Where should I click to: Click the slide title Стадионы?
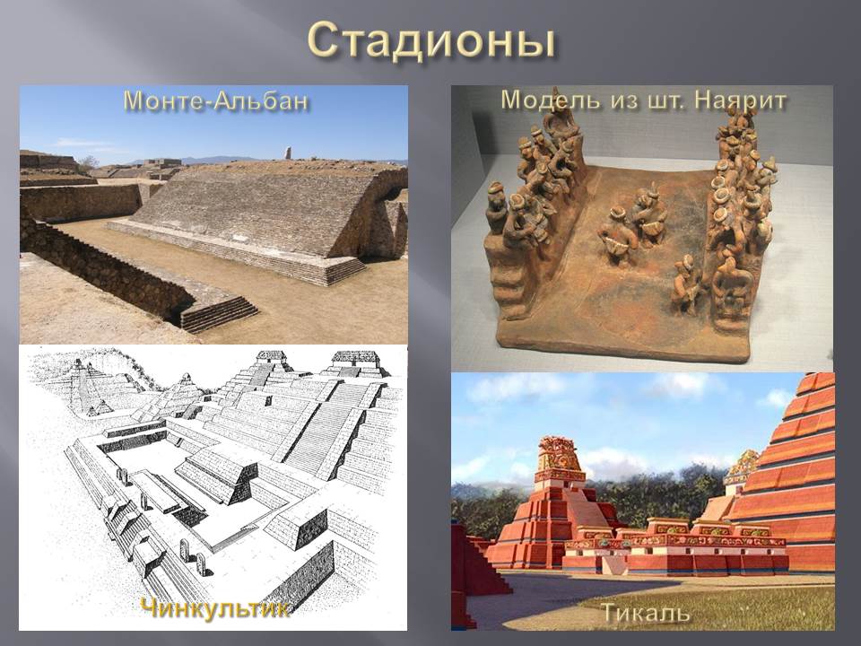click(431, 41)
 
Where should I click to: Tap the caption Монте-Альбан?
click(215, 101)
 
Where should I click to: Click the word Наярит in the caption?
click(740, 100)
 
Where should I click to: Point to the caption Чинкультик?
click(214, 608)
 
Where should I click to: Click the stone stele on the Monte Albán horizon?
click(288, 153)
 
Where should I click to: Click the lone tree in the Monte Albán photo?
click(87, 162)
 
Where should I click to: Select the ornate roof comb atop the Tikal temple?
click(560, 455)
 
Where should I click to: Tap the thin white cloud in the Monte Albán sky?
click(83, 144)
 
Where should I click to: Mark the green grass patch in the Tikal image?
click(714, 604)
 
